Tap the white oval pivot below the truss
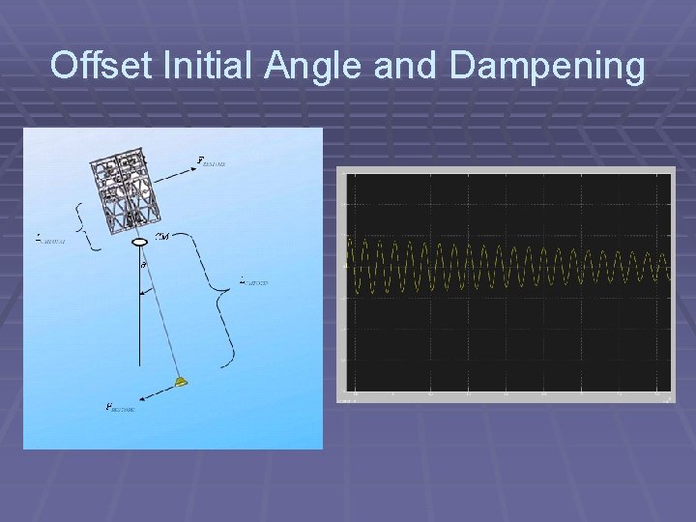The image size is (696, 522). click(x=139, y=240)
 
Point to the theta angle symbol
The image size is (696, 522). click(x=142, y=264)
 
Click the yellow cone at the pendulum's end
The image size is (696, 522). click(x=181, y=383)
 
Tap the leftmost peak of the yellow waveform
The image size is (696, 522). click(x=349, y=239)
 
